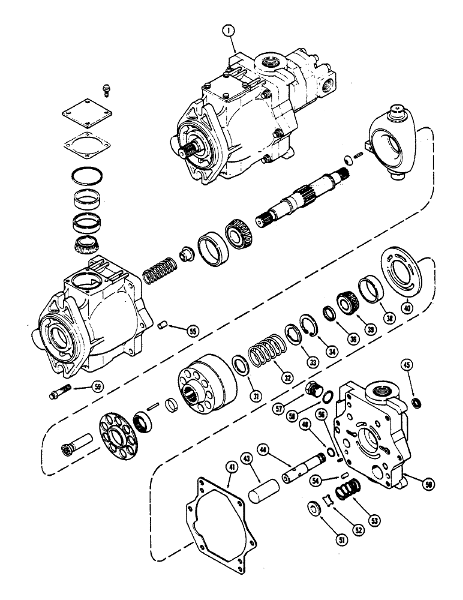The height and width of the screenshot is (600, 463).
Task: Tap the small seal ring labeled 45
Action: point(413,401)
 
